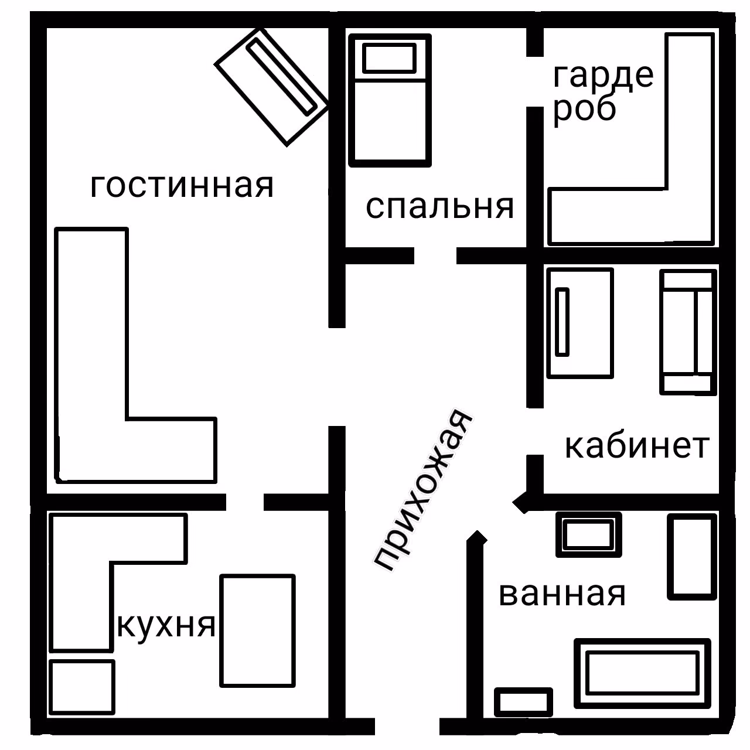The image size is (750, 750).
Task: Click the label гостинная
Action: pos(182,186)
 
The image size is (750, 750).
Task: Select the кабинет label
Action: pos(637,446)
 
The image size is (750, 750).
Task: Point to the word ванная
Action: pos(562,594)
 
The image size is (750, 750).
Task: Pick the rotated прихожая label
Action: pos(423,490)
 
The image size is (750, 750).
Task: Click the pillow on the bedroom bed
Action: pos(389,58)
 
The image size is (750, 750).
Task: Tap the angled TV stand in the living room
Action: pos(271,87)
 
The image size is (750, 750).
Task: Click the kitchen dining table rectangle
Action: pos(258,630)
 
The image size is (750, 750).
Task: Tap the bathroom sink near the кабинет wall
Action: pos(588,535)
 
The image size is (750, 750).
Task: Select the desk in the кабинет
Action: pos(580,323)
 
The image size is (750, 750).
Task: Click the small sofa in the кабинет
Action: pos(688,332)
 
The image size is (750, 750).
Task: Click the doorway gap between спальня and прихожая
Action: pos(435,255)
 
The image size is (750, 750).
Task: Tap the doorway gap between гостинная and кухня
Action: pos(245,502)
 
